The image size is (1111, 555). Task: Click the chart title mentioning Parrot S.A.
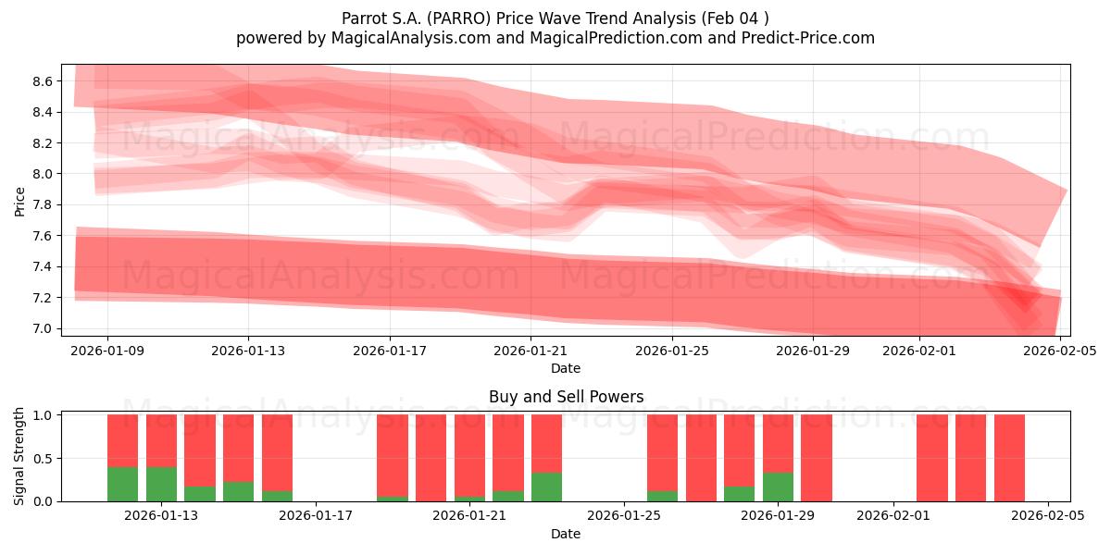(x=555, y=18)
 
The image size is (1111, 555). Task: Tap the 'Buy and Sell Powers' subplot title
(x=566, y=397)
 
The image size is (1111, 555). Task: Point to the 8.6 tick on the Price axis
(x=43, y=81)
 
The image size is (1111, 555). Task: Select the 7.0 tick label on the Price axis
(x=43, y=328)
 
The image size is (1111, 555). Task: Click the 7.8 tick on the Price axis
(x=43, y=204)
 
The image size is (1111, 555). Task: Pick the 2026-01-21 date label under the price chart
(x=531, y=351)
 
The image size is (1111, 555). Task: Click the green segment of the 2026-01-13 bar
(x=161, y=484)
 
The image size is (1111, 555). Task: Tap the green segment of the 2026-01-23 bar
(x=546, y=487)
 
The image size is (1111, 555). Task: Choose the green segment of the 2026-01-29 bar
(x=778, y=487)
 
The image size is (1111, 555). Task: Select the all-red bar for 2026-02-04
(x=1009, y=458)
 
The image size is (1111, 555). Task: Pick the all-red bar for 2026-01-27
(x=701, y=458)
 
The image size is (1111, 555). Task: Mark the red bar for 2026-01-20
(x=431, y=458)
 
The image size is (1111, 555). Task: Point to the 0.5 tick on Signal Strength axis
(x=43, y=458)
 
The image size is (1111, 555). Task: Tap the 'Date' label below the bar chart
(x=566, y=534)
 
